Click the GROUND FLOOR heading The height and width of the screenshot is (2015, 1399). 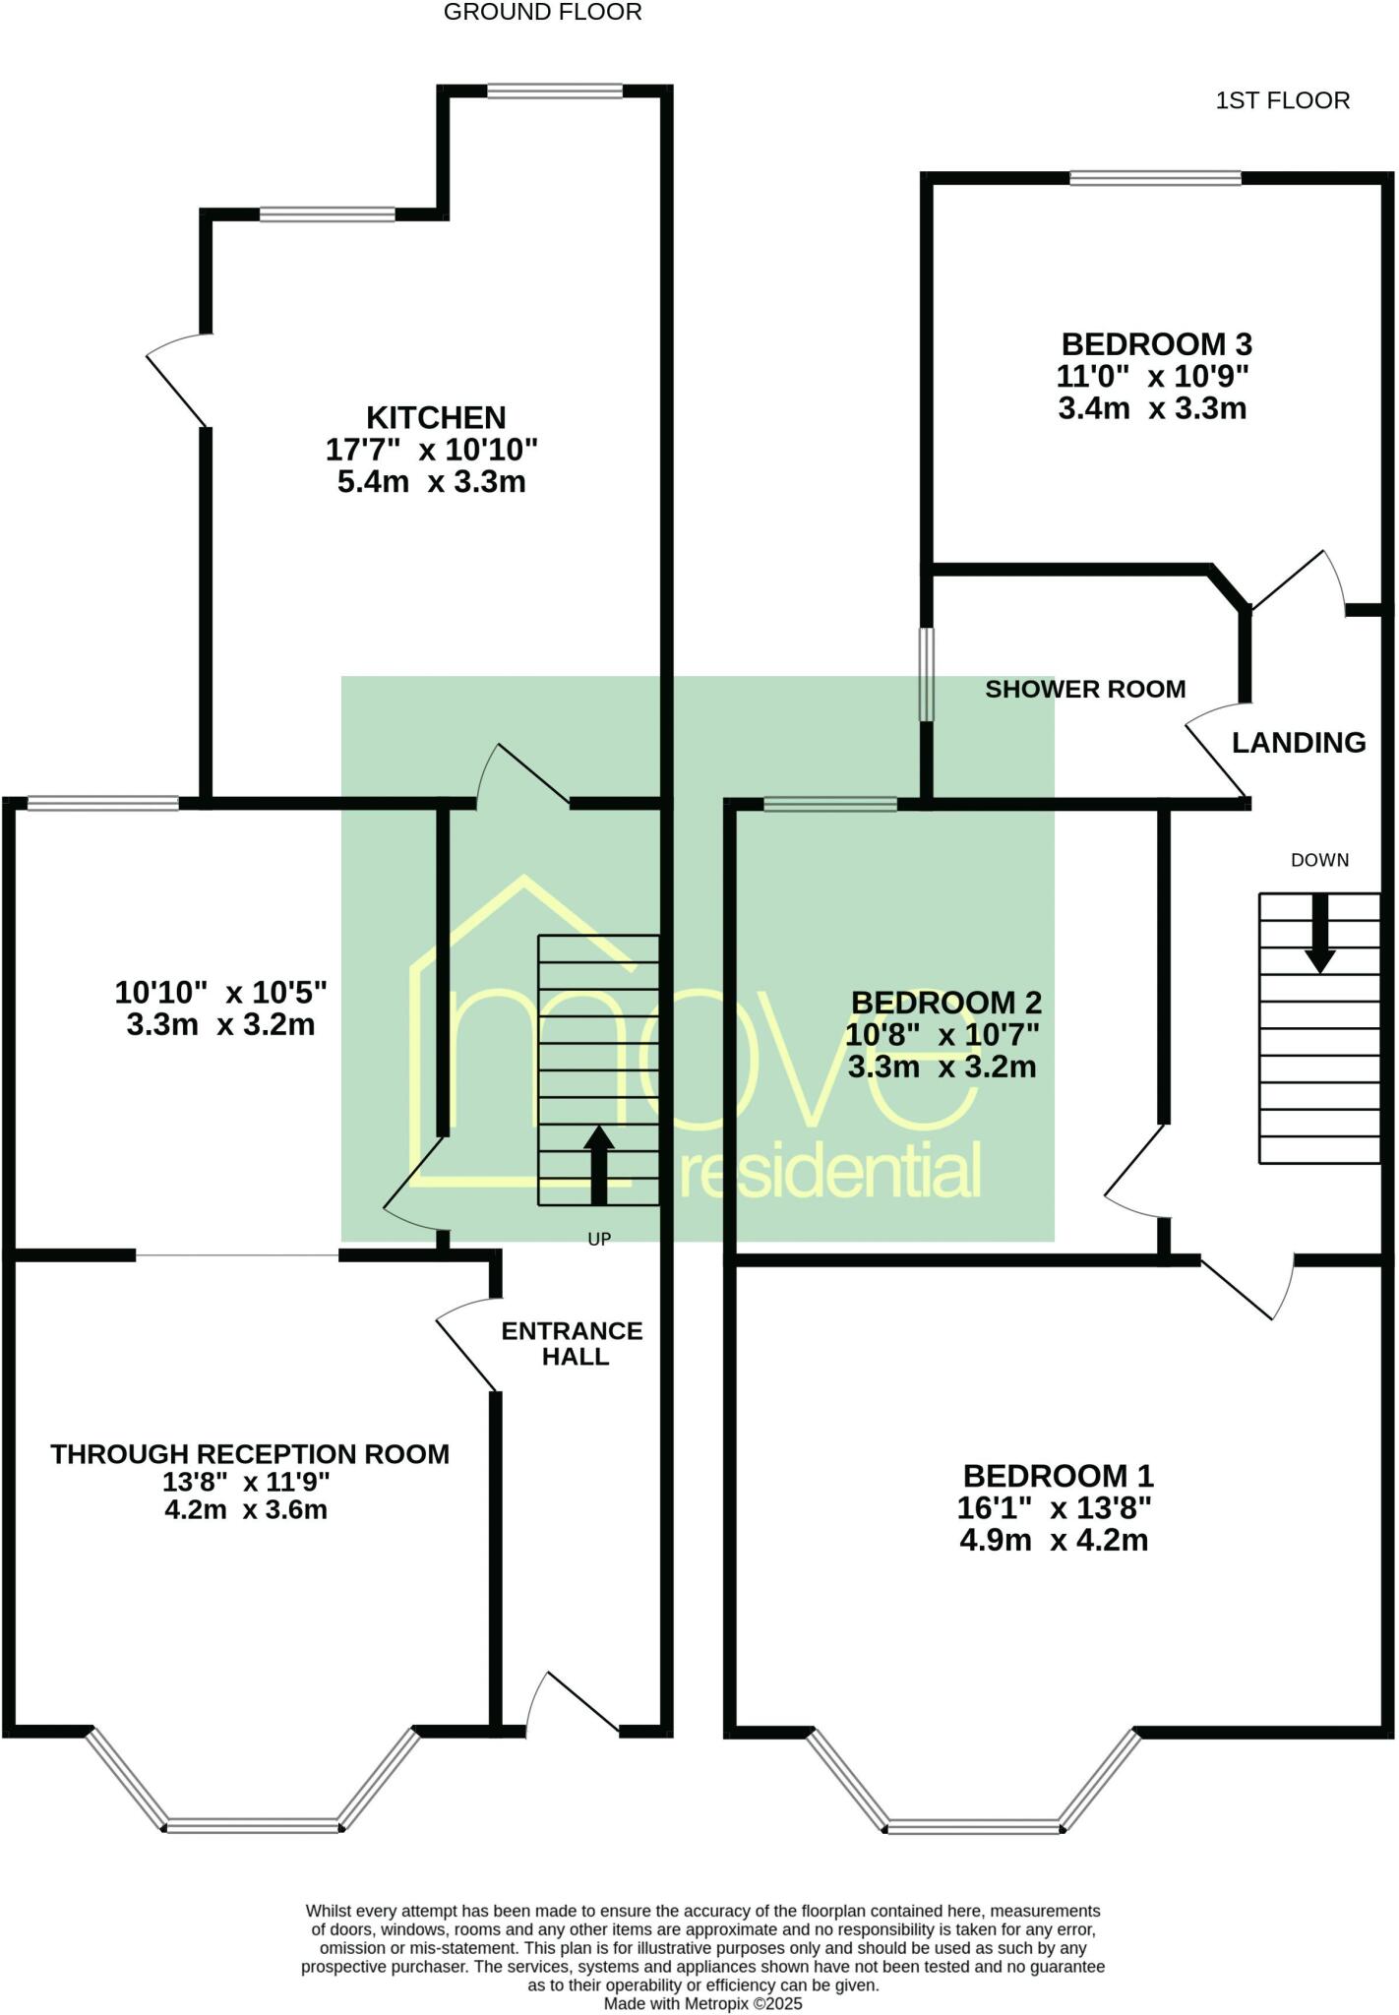click(542, 13)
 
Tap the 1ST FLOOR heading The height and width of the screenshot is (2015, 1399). click(1282, 100)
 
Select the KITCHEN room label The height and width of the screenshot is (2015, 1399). click(436, 417)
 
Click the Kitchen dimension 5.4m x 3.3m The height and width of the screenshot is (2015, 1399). click(431, 482)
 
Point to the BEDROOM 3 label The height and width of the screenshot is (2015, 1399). click(1156, 344)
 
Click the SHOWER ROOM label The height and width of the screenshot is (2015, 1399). click(1085, 689)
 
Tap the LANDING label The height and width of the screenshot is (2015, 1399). click(1299, 743)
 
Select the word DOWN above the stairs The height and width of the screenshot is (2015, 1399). click(1319, 860)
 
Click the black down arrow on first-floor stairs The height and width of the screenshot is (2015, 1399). click(1319, 935)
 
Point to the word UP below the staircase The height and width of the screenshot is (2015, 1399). click(599, 1240)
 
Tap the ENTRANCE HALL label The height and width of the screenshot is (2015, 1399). click(573, 1343)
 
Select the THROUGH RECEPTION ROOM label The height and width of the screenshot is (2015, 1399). click(250, 1454)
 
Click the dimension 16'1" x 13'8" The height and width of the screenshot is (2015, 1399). click(1054, 1507)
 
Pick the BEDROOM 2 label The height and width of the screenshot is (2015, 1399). click(945, 1003)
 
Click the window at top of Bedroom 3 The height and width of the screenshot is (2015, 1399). click(1155, 178)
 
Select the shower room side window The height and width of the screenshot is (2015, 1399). click(926, 674)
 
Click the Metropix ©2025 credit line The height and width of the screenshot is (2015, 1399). click(702, 2003)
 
